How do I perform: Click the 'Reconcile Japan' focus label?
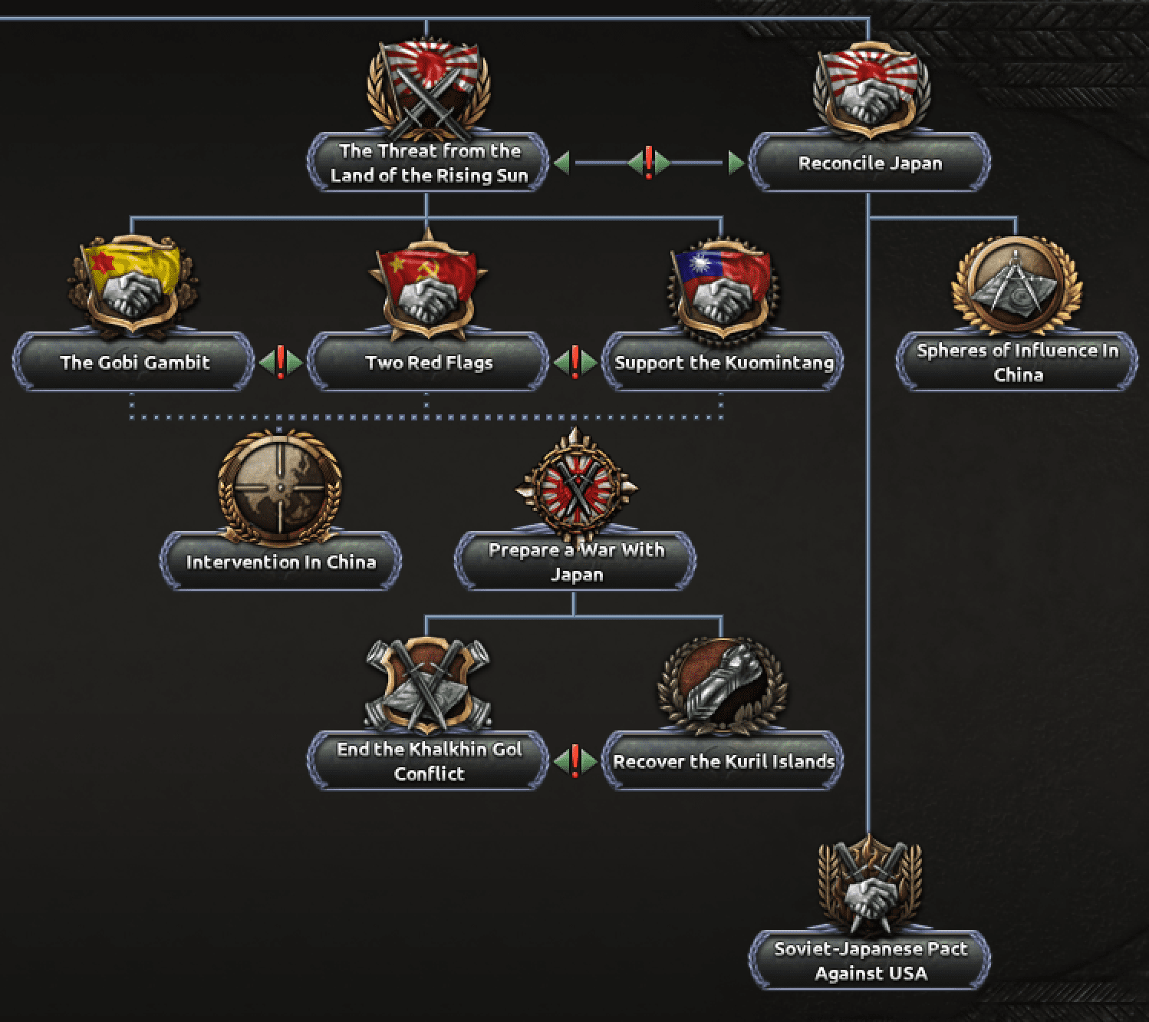point(870,163)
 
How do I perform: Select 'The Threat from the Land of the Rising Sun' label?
point(430,163)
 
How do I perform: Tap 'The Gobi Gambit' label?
point(135,362)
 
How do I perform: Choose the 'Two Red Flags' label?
point(430,362)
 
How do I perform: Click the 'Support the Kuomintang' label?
point(723,362)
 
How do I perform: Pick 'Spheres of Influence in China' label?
point(1018,362)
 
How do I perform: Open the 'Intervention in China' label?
point(281,562)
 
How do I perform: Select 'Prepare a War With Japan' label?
point(576,562)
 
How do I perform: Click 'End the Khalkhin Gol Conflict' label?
point(430,761)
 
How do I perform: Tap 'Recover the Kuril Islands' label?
point(723,761)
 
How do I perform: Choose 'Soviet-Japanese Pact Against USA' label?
point(871,961)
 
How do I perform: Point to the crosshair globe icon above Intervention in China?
point(280,487)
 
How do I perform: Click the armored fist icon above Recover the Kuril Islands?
point(723,687)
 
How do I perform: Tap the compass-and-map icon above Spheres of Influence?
point(1016,285)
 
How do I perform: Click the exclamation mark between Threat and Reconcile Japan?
point(649,163)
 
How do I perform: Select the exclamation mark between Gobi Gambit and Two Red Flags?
point(281,362)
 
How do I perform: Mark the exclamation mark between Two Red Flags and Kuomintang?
point(575,362)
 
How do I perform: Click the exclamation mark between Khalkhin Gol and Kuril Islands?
point(575,761)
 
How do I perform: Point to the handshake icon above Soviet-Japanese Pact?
point(870,885)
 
